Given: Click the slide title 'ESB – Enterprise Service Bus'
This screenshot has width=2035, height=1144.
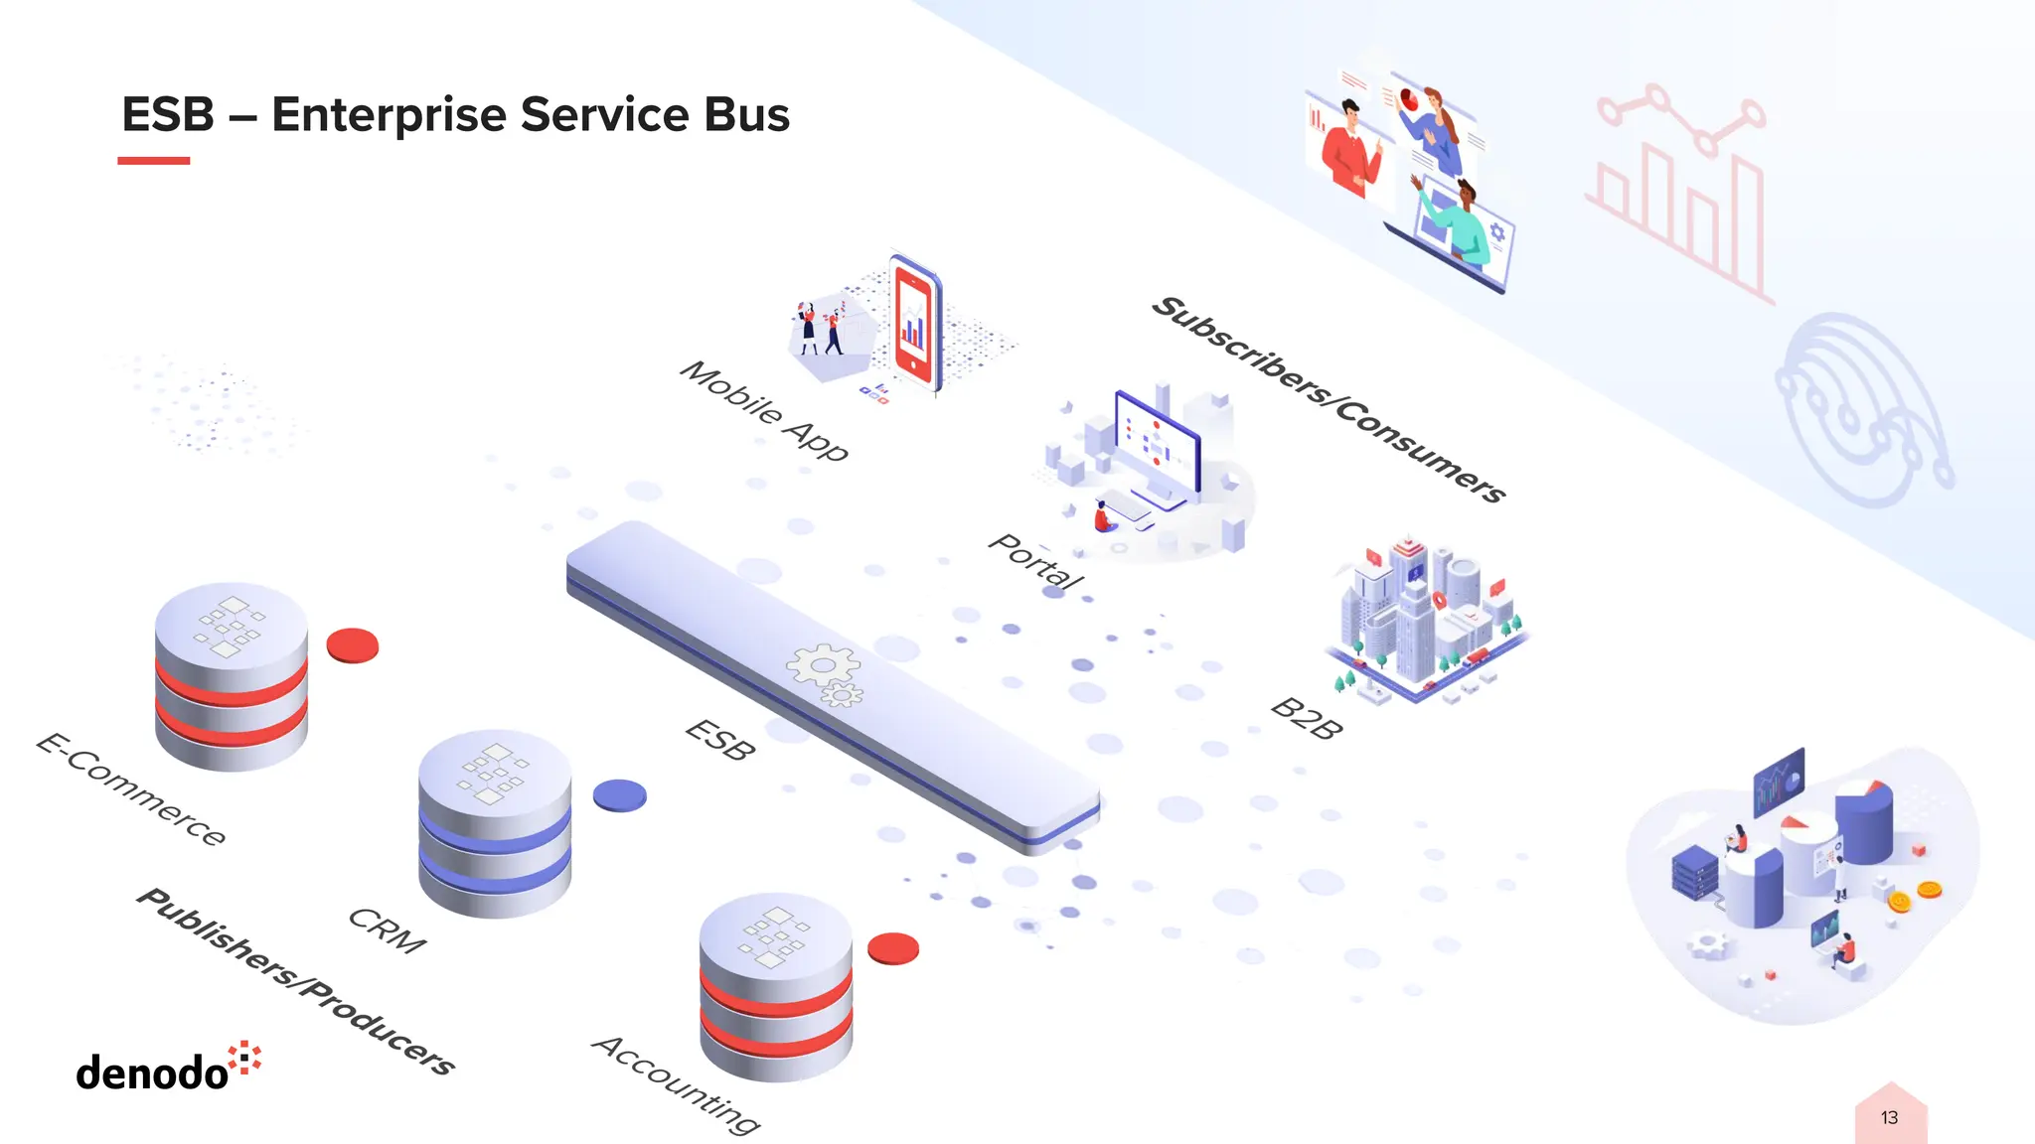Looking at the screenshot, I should coord(455,114).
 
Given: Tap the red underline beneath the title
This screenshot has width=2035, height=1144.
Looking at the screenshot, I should coord(153,161).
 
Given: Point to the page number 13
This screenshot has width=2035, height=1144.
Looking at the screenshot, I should coord(1889,1118).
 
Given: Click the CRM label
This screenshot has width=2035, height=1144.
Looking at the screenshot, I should coord(388,930).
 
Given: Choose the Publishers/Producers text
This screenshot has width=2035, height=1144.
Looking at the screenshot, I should coord(296,981).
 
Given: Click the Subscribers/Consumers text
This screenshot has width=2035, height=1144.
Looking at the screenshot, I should coord(1329,399).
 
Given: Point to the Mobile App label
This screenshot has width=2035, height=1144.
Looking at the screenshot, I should coord(764,411).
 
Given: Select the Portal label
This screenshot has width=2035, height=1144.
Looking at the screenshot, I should coord(1036,562).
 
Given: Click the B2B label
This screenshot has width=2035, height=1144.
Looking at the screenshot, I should coord(1307,719).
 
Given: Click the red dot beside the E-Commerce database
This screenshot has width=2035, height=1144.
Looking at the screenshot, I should coord(353,645).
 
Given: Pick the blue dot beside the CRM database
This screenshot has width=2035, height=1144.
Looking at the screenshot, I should coord(620,795).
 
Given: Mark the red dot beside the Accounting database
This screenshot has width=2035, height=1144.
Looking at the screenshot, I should coord(893,948).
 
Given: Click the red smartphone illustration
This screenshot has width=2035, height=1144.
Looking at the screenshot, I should coord(915,323).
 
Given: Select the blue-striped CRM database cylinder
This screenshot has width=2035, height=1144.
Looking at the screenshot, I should coord(495,823).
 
